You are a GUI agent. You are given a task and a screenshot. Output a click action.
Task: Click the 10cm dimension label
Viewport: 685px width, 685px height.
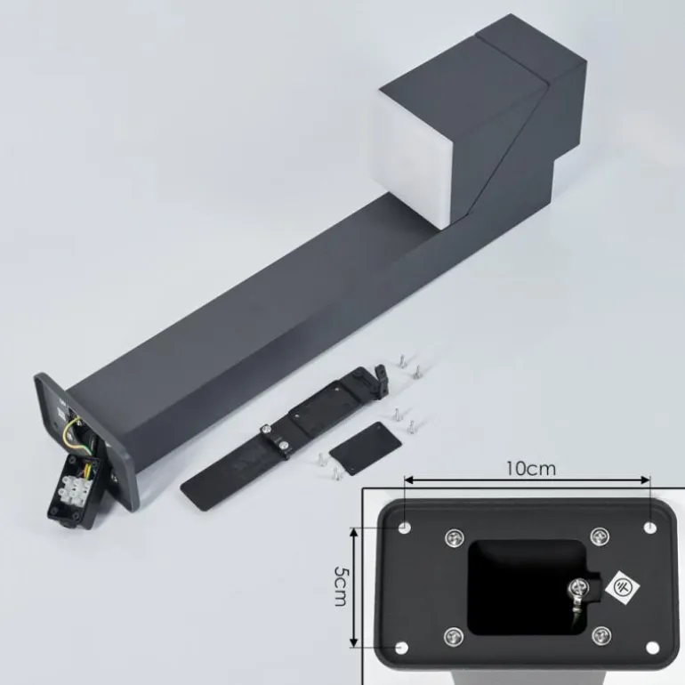pyautogui.click(x=531, y=469)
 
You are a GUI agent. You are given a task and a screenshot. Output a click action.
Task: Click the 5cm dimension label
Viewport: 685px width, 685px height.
pyautogui.click(x=340, y=586)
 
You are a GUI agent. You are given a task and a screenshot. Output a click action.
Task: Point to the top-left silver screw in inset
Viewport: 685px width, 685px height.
pyautogui.click(x=454, y=537)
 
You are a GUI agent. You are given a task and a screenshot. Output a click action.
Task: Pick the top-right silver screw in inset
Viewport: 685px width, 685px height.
pyautogui.click(x=600, y=536)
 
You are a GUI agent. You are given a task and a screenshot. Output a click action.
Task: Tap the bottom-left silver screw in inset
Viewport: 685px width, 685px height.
pyautogui.click(x=454, y=636)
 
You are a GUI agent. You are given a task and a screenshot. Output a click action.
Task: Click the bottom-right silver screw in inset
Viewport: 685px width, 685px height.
pyautogui.click(x=601, y=636)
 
